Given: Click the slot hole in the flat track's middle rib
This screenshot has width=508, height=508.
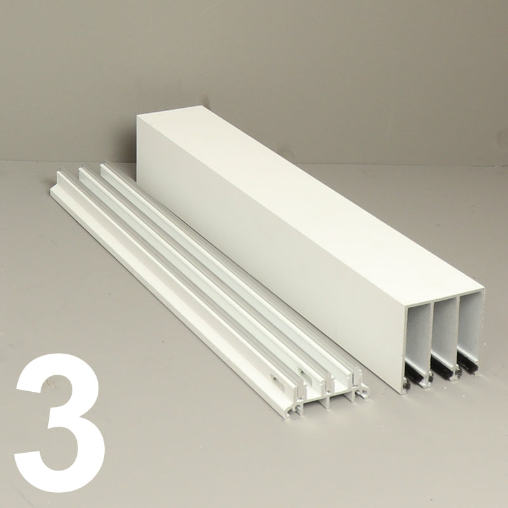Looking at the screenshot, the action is coord(303,373).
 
